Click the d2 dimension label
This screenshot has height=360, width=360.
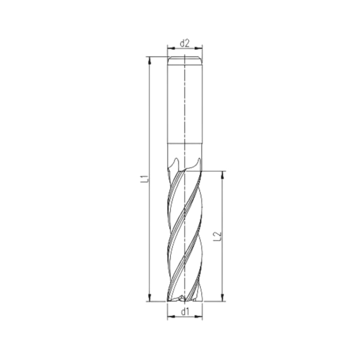(x=184, y=42)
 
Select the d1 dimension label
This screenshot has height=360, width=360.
(x=184, y=312)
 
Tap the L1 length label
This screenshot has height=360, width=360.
(x=143, y=178)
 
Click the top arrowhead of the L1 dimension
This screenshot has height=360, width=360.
(x=149, y=60)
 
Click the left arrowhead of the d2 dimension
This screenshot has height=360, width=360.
(x=170, y=48)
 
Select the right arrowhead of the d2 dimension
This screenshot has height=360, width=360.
(x=199, y=48)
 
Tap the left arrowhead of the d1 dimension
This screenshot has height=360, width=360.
(x=170, y=318)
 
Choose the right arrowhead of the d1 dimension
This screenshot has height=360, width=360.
(x=199, y=318)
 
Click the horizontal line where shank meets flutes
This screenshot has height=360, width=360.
(x=184, y=145)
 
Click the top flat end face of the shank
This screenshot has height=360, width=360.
(x=184, y=56)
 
